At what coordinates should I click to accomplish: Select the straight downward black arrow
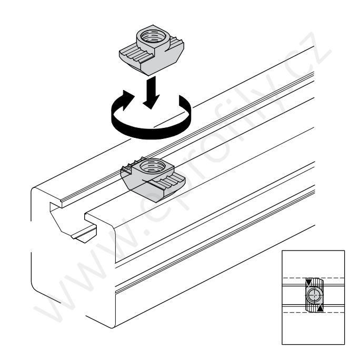click(151, 93)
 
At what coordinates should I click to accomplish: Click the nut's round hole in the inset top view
click(313, 295)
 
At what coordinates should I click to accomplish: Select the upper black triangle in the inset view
click(308, 283)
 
